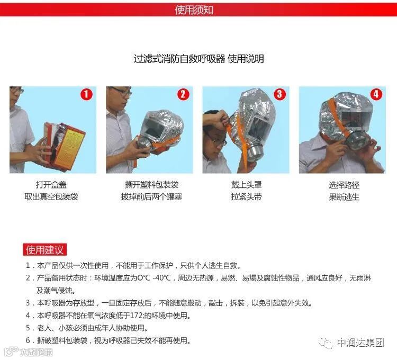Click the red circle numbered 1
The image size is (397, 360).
click(86, 94)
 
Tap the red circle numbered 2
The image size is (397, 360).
click(183, 94)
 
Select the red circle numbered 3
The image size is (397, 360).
click(280, 94)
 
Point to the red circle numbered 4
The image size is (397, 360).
click(376, 94)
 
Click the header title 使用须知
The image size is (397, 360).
click(194, 10)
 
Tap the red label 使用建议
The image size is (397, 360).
click(44, 250)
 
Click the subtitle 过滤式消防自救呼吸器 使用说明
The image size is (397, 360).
click(198, 59)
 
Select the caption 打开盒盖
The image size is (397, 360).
click(51, 185)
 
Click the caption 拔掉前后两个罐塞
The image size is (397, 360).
click(151, 197)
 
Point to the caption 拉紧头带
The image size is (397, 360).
click(246, 197)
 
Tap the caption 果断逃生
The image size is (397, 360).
click(344, 197)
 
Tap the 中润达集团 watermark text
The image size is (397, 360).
click(360, 343)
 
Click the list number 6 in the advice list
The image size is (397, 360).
click(28, 340)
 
